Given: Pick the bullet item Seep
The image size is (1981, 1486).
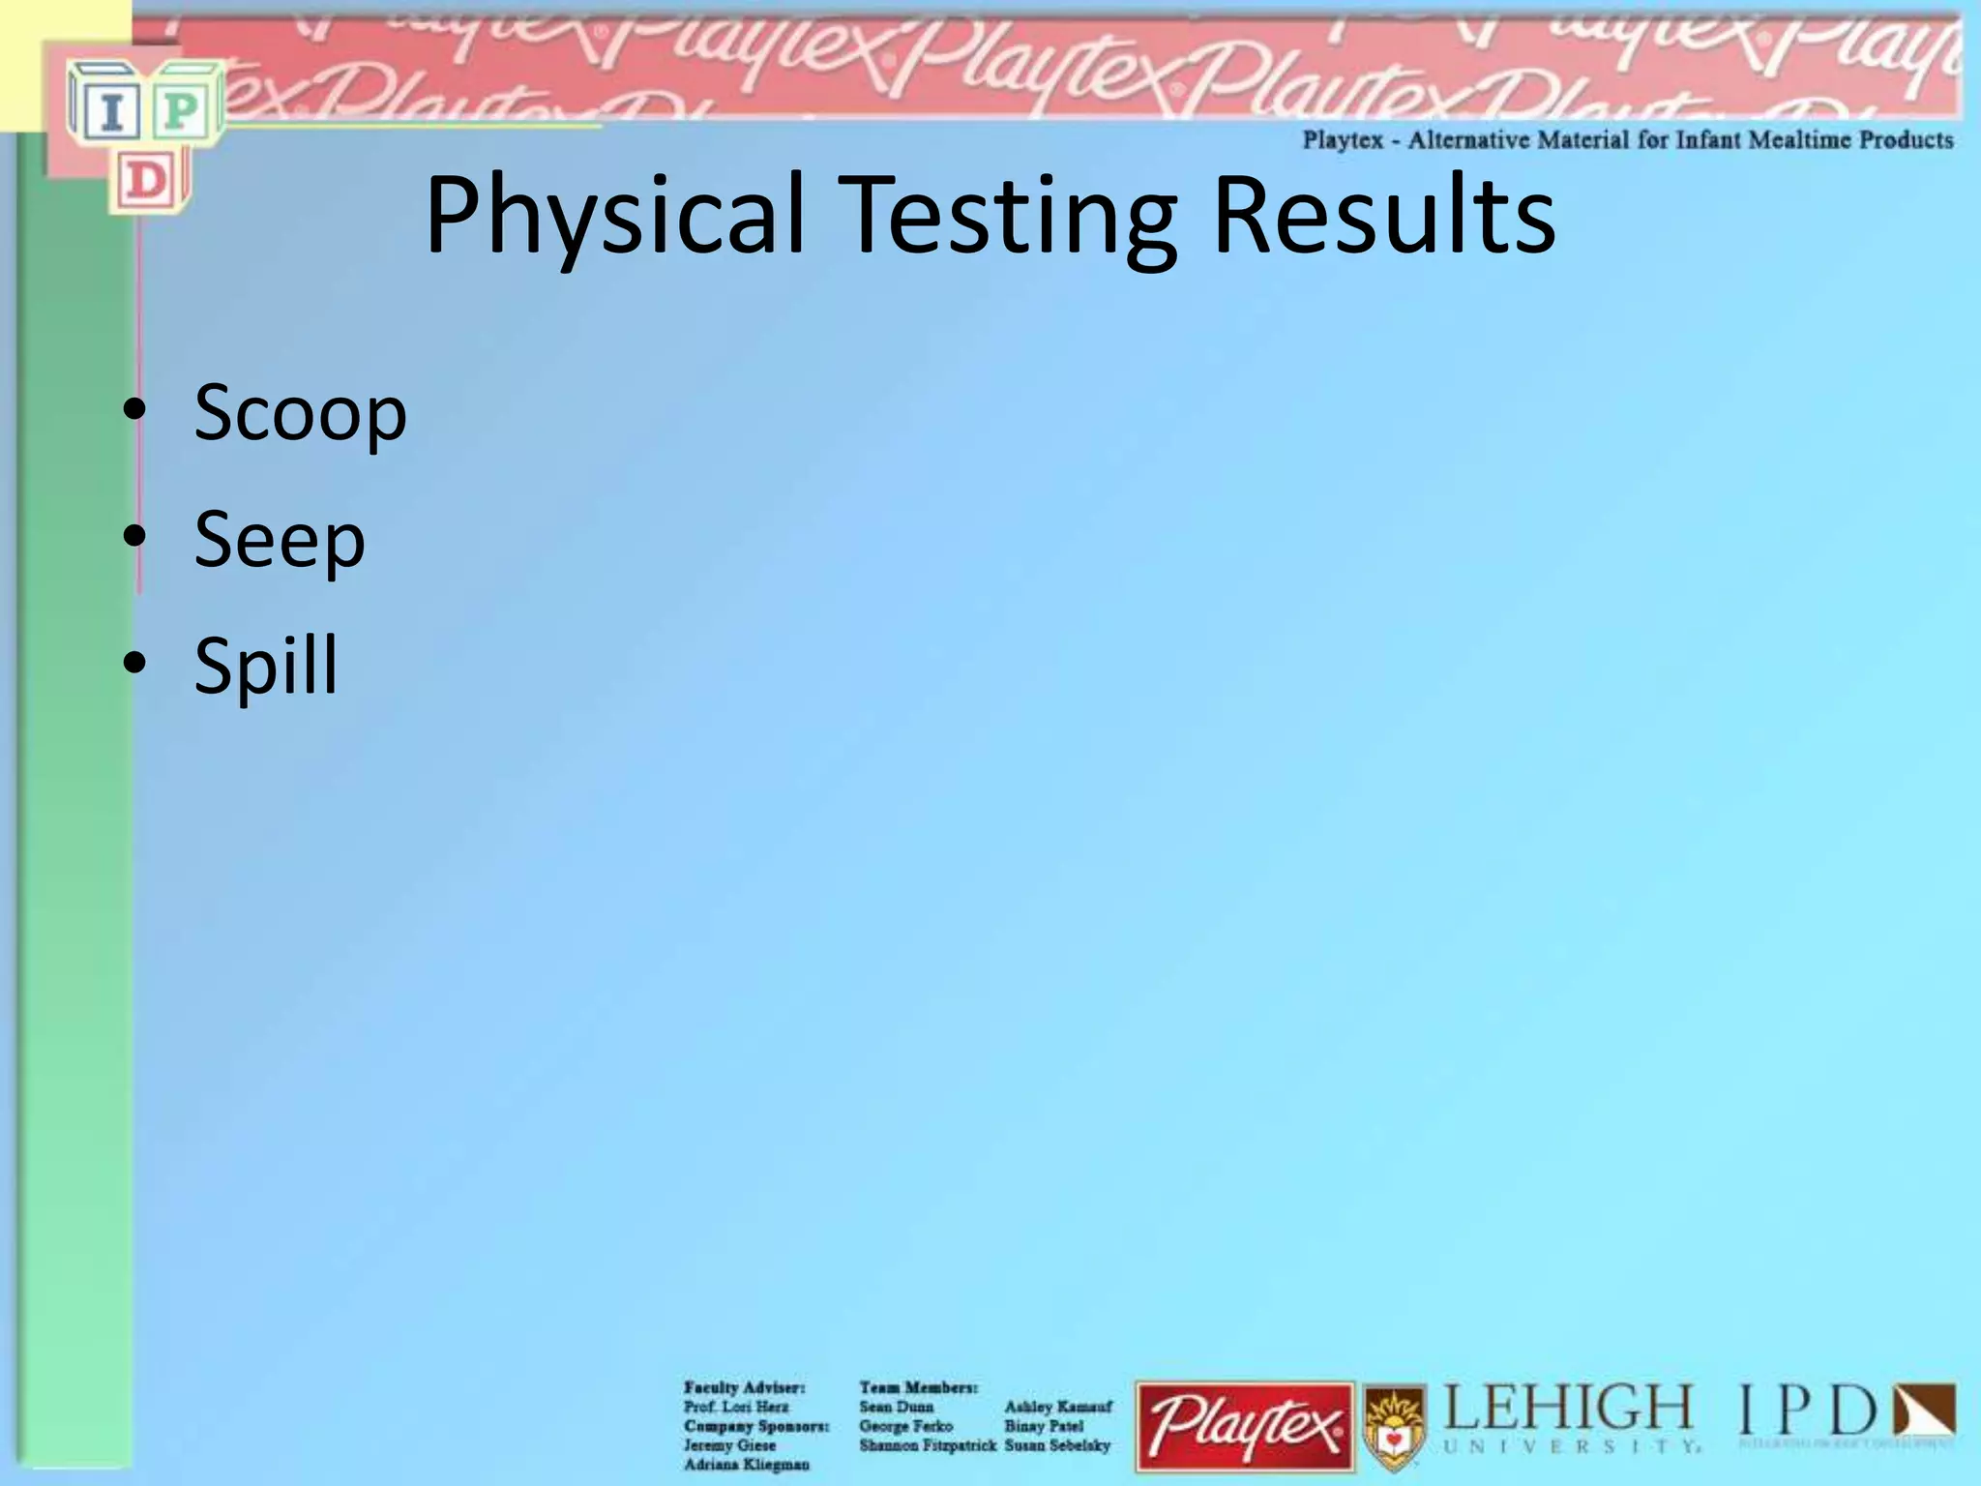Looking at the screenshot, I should [x=280, y=539].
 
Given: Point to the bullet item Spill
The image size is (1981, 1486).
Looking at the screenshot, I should [x=266, y=665].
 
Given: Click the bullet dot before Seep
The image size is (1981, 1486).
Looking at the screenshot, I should [x=134, y=537].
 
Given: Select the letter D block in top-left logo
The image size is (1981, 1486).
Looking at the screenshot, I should [x=146, y=181].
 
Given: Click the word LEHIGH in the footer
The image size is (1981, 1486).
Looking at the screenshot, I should [x=1567, y=1409].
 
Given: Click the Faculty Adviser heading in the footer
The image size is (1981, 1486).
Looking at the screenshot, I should [x=744, y=1387].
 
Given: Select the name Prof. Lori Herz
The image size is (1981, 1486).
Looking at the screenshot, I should [x=735, y=1407].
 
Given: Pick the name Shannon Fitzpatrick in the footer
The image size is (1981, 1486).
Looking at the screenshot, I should [x=927, y=1445].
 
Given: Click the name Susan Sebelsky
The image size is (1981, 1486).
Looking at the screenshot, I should [x=1057, y=1445].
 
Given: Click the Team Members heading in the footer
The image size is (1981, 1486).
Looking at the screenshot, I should [x=918, y=1387].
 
